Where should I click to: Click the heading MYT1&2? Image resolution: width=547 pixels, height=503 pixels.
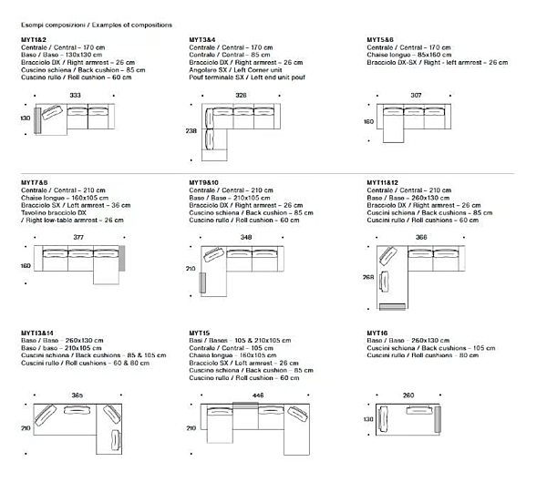coord(33,40)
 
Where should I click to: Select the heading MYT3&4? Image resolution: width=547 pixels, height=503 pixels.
coord(202,40)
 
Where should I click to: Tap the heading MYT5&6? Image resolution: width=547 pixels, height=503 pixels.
coord(380,40)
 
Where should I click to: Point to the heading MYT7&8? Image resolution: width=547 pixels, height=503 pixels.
coord(33,182)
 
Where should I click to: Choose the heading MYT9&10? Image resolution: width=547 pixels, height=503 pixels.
coord(205,182)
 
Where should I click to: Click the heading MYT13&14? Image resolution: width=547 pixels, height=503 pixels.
coord(36,334)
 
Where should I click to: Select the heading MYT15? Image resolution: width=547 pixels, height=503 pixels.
coord(200,334)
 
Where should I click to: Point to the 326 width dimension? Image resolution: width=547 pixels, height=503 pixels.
coord(242,96)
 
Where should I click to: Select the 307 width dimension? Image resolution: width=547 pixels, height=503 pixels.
coord(416,96)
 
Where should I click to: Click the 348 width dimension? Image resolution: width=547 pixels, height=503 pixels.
coord(246,238)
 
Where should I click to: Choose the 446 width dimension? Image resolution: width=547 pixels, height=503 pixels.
coord(258,395)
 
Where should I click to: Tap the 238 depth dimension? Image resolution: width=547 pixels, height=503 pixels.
coord(191,131)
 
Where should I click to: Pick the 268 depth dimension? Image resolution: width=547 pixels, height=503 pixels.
coord(368,278)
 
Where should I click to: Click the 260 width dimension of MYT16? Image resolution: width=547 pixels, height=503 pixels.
coord(408,395)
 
